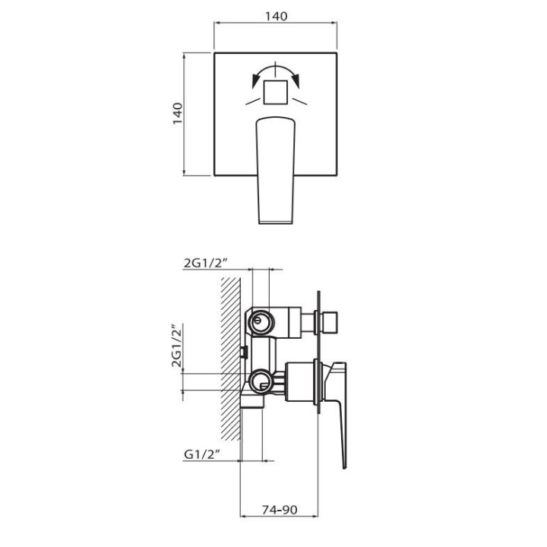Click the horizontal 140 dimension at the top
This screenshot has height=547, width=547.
(276, 17)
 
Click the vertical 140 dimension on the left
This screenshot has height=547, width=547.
(178, 113)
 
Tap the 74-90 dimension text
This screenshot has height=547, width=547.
(280, 510)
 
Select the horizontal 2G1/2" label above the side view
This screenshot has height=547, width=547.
(206, 263)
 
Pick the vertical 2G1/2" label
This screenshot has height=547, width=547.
(177, 346)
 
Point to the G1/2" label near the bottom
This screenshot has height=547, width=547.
(201, 454)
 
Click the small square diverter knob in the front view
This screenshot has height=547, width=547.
(276, 92)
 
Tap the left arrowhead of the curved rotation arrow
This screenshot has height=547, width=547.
(256, 81)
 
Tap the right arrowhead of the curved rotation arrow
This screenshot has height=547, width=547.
(296, 81)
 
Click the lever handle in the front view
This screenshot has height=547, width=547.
(276, 170)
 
